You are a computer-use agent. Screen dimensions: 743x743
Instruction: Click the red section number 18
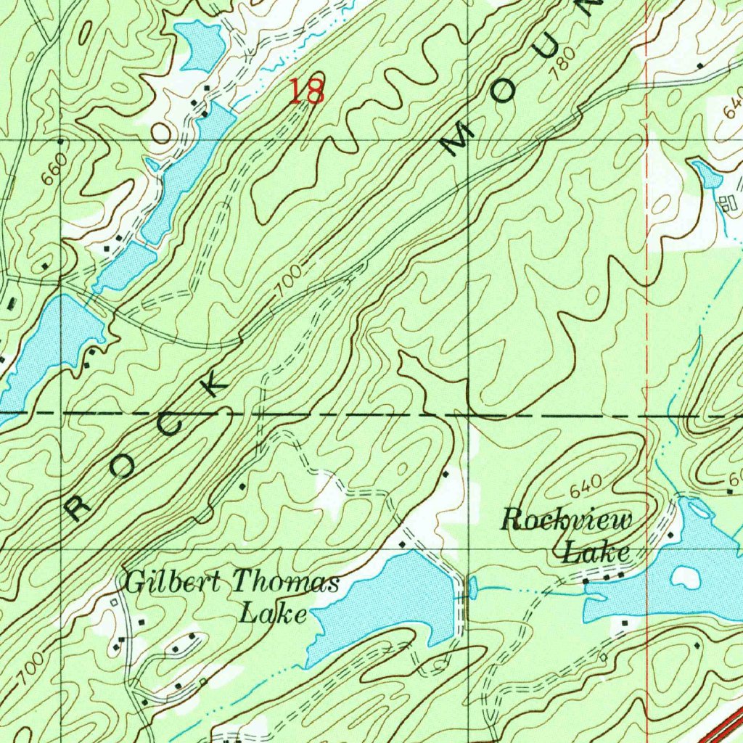[x=306, y=91]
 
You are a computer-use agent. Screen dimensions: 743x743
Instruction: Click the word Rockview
[x=567, y=520]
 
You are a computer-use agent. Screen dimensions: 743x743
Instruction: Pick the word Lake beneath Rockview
[x=596, y=553]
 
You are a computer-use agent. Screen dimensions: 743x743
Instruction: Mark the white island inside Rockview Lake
[x=684, y=577]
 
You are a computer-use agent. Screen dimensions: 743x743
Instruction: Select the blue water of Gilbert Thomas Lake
[x=385, y=595]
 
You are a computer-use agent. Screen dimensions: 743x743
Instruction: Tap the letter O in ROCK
[x=122, y=469]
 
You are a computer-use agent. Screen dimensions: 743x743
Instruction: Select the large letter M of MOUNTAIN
[x=460, y=141]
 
